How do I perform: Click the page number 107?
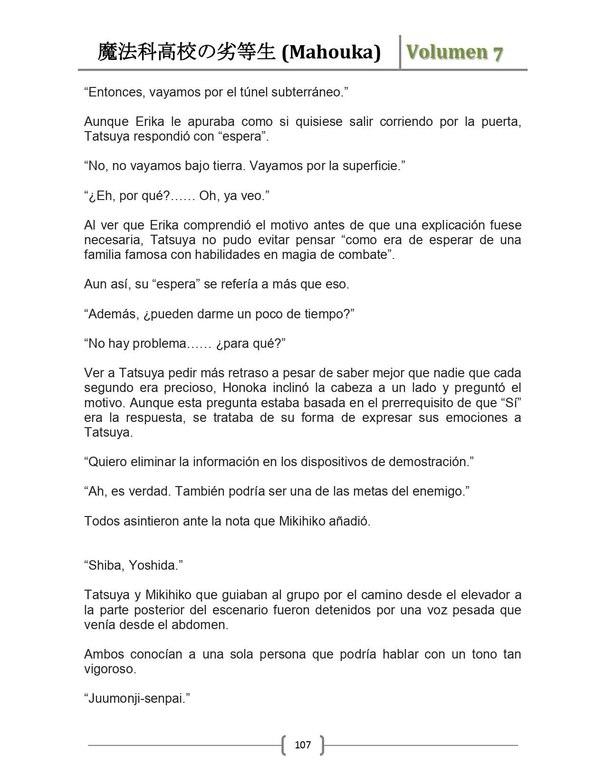point(303,745)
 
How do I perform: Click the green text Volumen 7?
point(454,52)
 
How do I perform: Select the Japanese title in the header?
point(186,52)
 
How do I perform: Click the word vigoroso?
point(110,669)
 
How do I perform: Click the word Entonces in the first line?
point(116,92)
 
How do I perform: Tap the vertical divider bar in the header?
point(400,52)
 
